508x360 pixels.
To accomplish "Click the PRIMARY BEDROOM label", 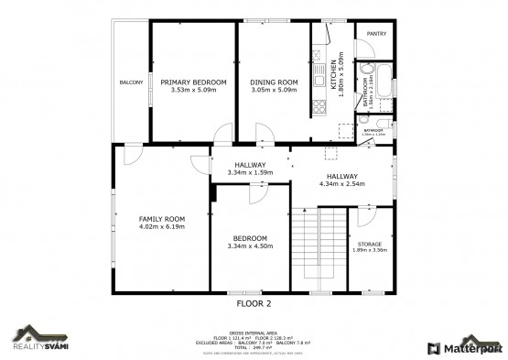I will [x=192, y=82].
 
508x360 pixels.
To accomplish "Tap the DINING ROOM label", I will [x=275, y=82].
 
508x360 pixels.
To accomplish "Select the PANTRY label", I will [x=376, y=34].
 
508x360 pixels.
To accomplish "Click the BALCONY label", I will [x=131, y=83].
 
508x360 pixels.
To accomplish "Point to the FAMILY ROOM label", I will [x=162, y=219].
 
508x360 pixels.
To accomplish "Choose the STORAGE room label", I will [x=370, y=243].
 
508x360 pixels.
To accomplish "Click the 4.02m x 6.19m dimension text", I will [x=162, y=226].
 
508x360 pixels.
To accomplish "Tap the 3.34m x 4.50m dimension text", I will [x=250, y=245].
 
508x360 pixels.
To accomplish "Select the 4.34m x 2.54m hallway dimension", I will [x=342, y=183].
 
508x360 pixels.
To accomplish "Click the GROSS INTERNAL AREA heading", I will [x=254, y=332].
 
